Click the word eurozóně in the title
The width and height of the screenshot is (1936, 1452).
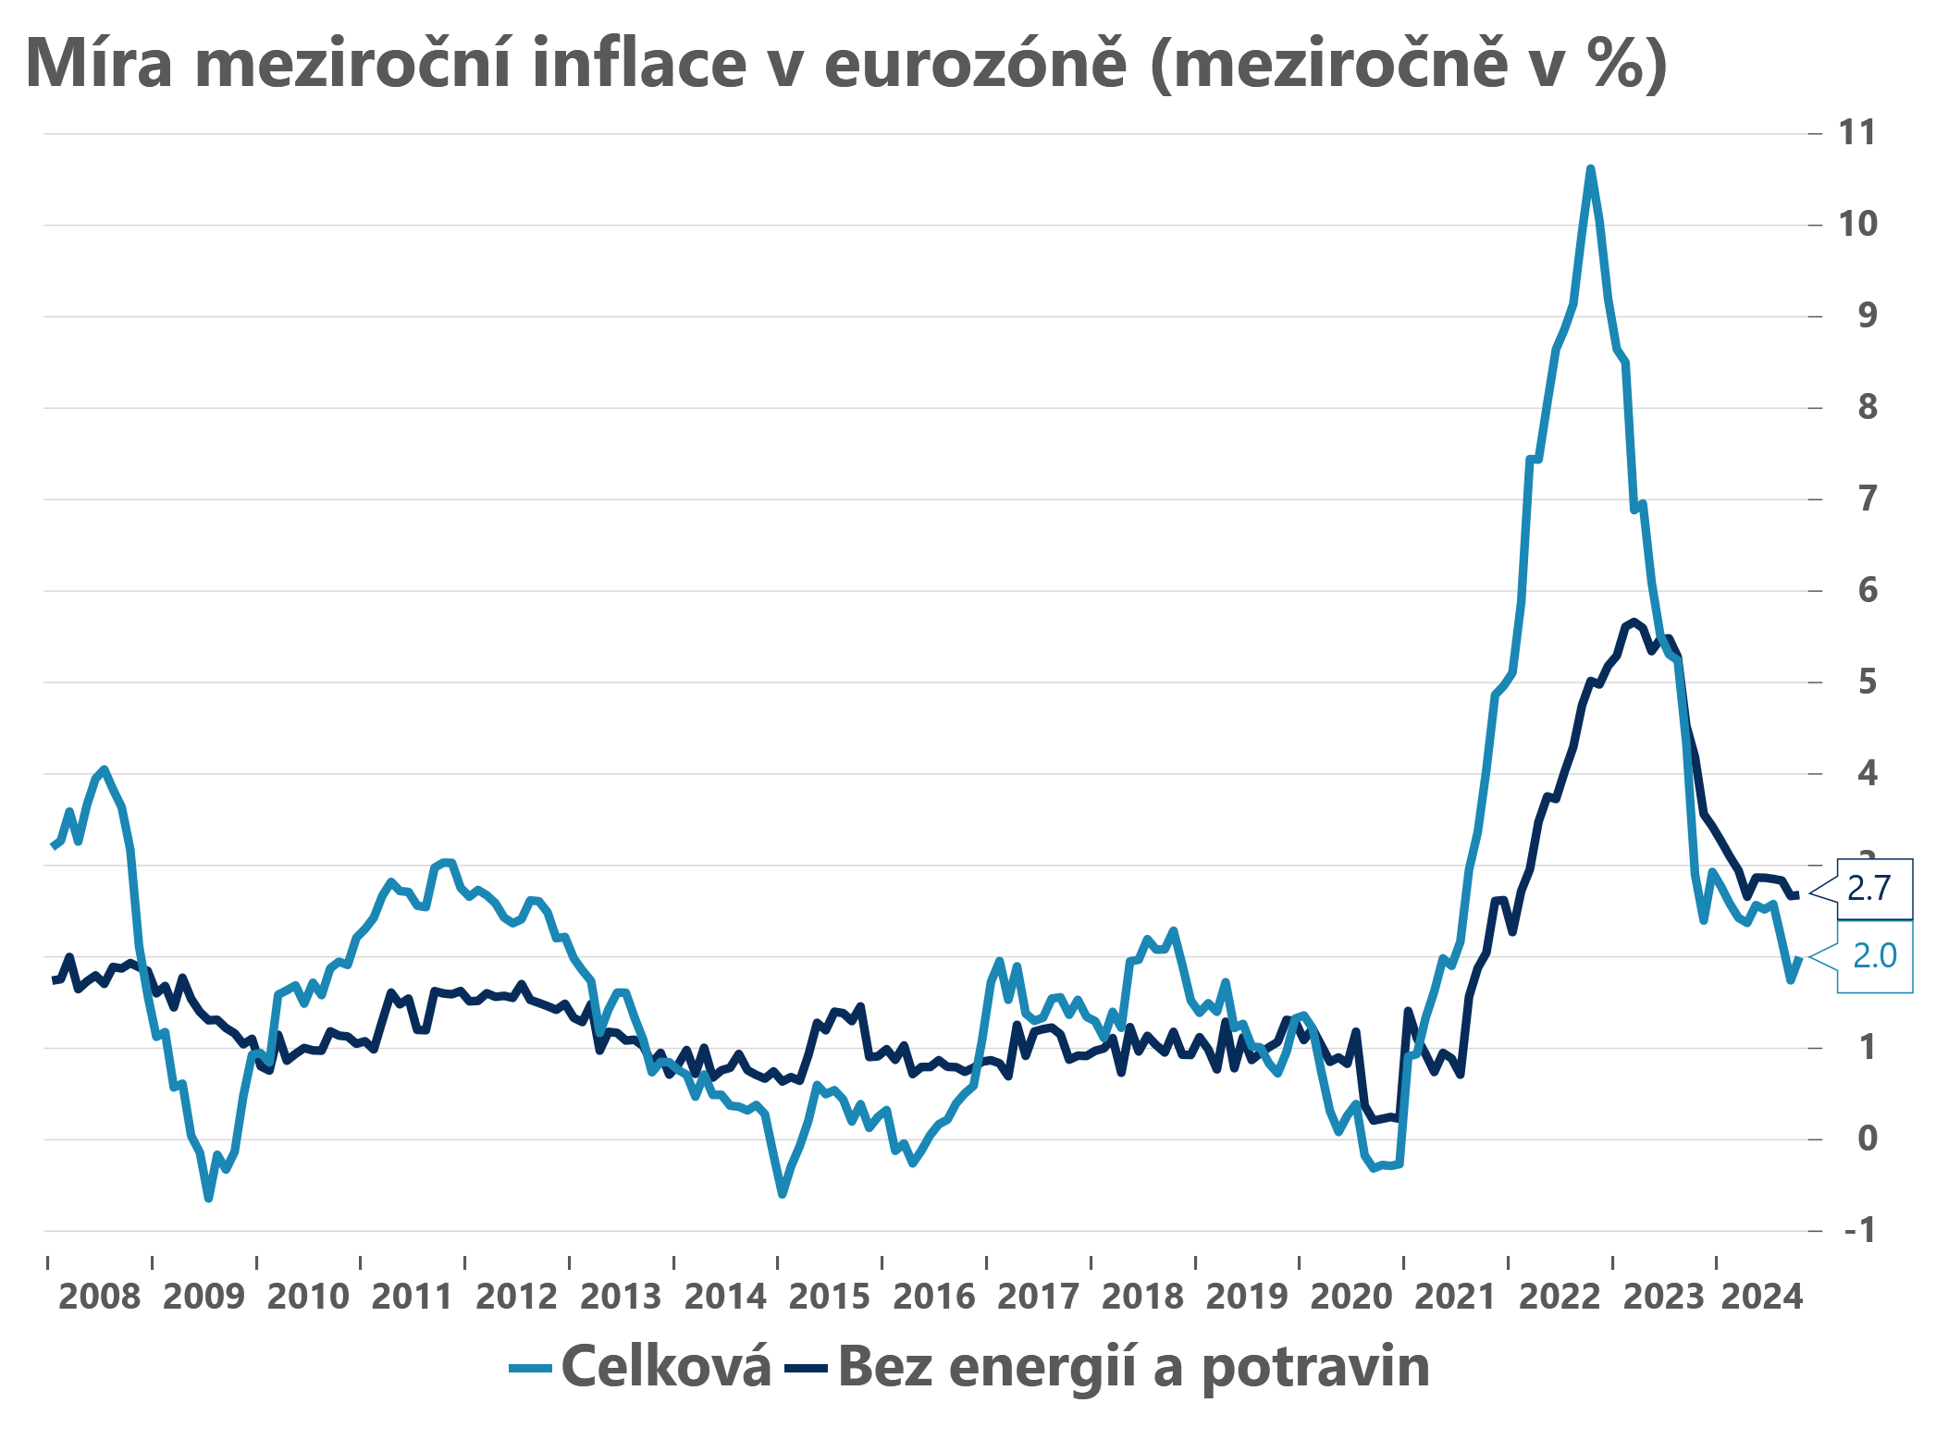[x=975, y=64]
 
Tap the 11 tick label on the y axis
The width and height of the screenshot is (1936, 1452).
[x=1857, y=133]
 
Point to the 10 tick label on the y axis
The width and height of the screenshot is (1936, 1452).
[x=1857, y=225]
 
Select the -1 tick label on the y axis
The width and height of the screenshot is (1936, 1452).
[x=1859, y=1231]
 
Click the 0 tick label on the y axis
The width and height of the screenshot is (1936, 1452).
[x=1867, y=1139]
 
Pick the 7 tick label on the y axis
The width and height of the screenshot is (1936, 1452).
[x=1867, y=499]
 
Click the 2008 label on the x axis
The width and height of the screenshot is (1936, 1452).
[x=99, y=1297]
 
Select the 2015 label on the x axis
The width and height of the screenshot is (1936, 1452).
[x=829, y=1297]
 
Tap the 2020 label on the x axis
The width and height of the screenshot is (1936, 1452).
[x=1350, y=1297]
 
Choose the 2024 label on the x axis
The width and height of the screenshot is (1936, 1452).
[x=1761, y=1297]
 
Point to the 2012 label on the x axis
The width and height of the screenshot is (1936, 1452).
[x=516, y=1297]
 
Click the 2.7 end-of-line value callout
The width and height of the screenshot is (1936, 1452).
[x=1869, y=889]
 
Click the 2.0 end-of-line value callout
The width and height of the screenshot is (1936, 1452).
[x=1874, y=956]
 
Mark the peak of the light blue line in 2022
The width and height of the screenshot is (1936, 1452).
[x=1590, y=169]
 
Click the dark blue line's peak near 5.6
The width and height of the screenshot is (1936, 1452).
[x=1634, y=621]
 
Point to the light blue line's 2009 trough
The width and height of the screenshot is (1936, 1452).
[x=209, y=1199]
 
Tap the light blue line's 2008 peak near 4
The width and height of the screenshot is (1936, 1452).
[x=104, y=769]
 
